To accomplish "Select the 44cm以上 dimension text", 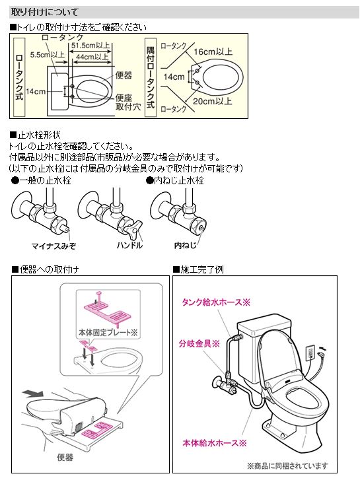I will [93, 57].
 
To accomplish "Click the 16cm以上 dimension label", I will [213, 52].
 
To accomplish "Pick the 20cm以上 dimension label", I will [213, 101].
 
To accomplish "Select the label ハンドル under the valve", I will [129, 246].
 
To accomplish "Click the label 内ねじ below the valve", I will [183, 246].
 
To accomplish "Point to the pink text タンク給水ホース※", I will [212, 302].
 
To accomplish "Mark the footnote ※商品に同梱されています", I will [287, 466].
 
